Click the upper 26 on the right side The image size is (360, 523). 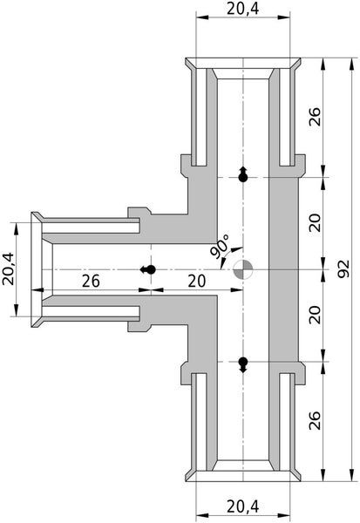point(316,117)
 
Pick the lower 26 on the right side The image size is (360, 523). point(316,424)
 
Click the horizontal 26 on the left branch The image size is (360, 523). point(92,281)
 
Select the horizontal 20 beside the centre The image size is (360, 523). point(194,281)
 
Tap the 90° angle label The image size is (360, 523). point(218,247)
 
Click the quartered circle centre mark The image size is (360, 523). point(244,269)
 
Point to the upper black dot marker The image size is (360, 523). point(243,177)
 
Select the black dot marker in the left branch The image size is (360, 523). point(150,269)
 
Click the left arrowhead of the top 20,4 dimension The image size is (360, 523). point(197,20)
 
